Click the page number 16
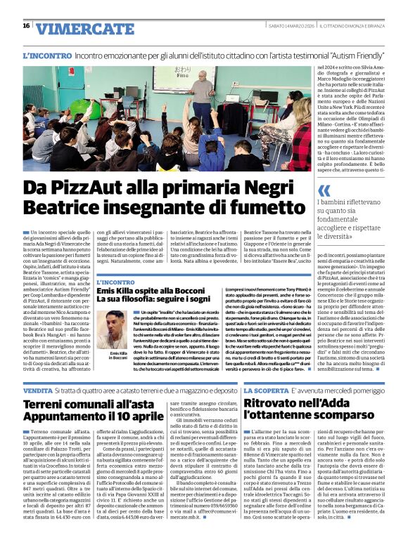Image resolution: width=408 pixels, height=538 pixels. [26, 26]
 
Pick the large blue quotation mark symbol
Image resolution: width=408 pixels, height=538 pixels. [324, 191]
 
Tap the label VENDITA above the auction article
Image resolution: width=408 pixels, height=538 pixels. [37, 389]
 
